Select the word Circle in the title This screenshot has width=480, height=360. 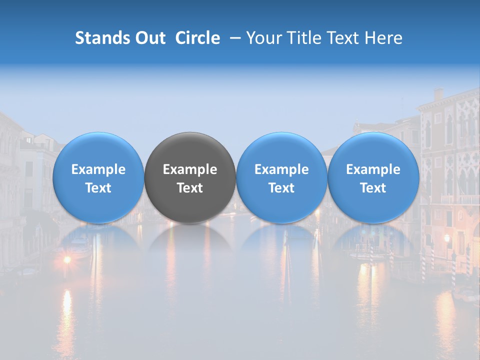tap(197, 38)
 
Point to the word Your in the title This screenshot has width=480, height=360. tap(263, 38)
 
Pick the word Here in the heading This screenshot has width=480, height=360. tap(384, 38)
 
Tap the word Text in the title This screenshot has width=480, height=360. tap(343, 38)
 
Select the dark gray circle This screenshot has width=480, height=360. tap(190, 177)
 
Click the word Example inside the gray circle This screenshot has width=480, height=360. tap(190, 169)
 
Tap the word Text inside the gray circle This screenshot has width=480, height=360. tap(190, 188)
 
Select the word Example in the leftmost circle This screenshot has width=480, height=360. tap(98, 169)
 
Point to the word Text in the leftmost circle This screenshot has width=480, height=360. tap(98, 188)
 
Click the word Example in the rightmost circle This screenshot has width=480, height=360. tap(373, 169)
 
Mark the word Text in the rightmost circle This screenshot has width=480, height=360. tap(373, 188)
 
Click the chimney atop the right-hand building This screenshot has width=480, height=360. tap(438, 94)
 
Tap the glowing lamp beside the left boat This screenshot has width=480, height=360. tap(66, 260)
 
